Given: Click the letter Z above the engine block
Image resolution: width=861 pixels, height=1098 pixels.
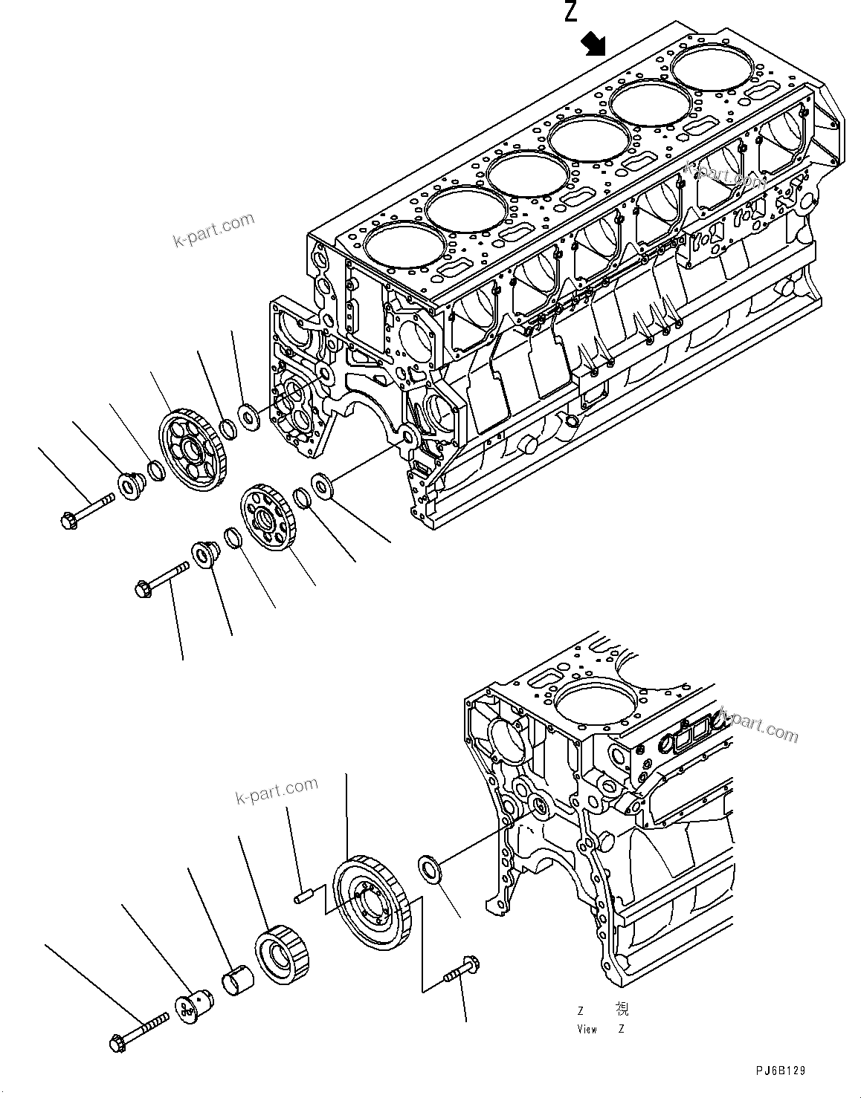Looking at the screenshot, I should pos(570,12).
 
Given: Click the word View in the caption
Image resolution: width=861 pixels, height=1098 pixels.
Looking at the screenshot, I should pos(587,1029).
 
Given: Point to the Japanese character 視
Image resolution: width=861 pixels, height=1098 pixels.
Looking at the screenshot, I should pos(622,1009).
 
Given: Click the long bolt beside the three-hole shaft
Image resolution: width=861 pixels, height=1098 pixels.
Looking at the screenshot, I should pos(141,1036).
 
